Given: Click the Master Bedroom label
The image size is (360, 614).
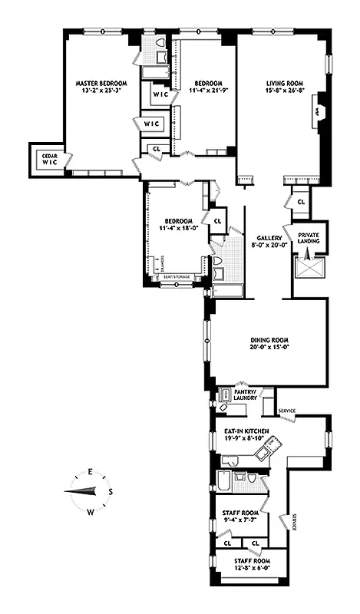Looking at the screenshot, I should (101, 82).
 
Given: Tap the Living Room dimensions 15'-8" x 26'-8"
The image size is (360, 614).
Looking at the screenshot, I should (285, 91).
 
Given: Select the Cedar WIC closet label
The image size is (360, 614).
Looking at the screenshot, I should (49, 158).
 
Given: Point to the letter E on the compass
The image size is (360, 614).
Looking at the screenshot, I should (90, 472).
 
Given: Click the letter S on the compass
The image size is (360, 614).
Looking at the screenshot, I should (111, 491).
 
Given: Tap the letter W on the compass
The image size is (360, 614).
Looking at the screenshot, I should (90, 511).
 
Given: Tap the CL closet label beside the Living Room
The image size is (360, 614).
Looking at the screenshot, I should (300, 201).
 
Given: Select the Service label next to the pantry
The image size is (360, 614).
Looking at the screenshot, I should (288, 411).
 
